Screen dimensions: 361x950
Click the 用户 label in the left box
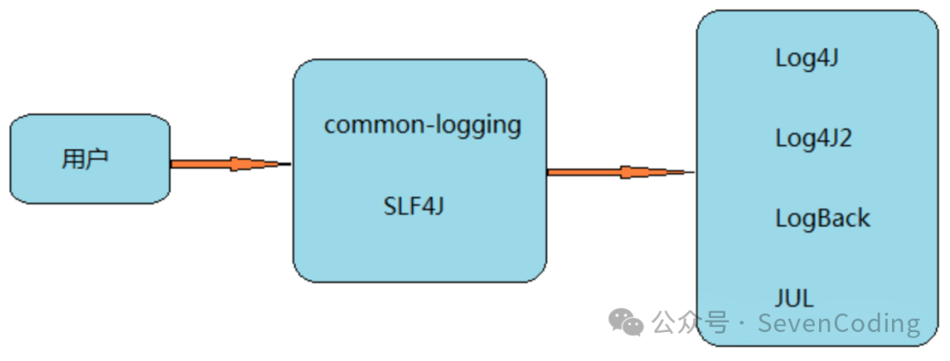pyautogui.click(x=85, y=160)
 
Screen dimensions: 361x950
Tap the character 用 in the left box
pyautogui.click(x=73, y=160)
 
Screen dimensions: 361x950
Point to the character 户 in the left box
pyautogui.click(x=98, y=160)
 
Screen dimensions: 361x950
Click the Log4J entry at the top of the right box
pyautogui.click(x=806, y=59)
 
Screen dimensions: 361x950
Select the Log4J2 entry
pyautogui.click(x=813, y=139)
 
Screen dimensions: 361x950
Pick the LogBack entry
pyautogui.click(x=822, y=218)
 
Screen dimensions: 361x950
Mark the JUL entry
pyautogui.click(x=794, y=297)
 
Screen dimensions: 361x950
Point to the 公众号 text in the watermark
pyautogui.click(x=691, y=323)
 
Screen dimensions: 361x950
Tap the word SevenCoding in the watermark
pyautogui.click(x=839, y=323)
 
